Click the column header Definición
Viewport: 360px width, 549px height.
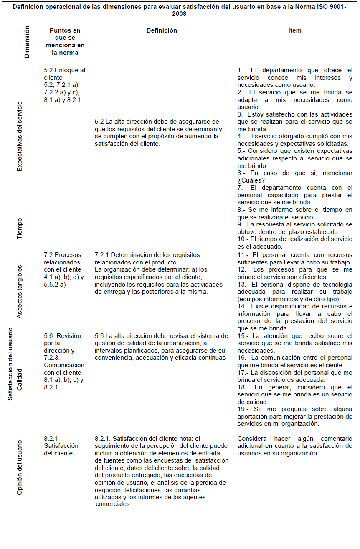click(162, 30)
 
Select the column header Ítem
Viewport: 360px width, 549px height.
click(295, 30)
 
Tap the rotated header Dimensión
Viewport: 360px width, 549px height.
click(27, 42)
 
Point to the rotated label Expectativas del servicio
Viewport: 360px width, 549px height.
click(19, 136)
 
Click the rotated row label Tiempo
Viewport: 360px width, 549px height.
click(19, 228)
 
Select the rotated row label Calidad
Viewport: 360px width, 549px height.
click(19, 379)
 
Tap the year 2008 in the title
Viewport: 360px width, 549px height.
click(179, 14)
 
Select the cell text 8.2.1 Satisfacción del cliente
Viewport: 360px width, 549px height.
click(61, 446)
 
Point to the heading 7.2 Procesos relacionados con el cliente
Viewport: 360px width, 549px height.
click(63, 262)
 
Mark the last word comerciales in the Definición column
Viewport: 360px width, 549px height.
click(113, 504)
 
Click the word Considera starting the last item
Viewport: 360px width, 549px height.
click(253, 439)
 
